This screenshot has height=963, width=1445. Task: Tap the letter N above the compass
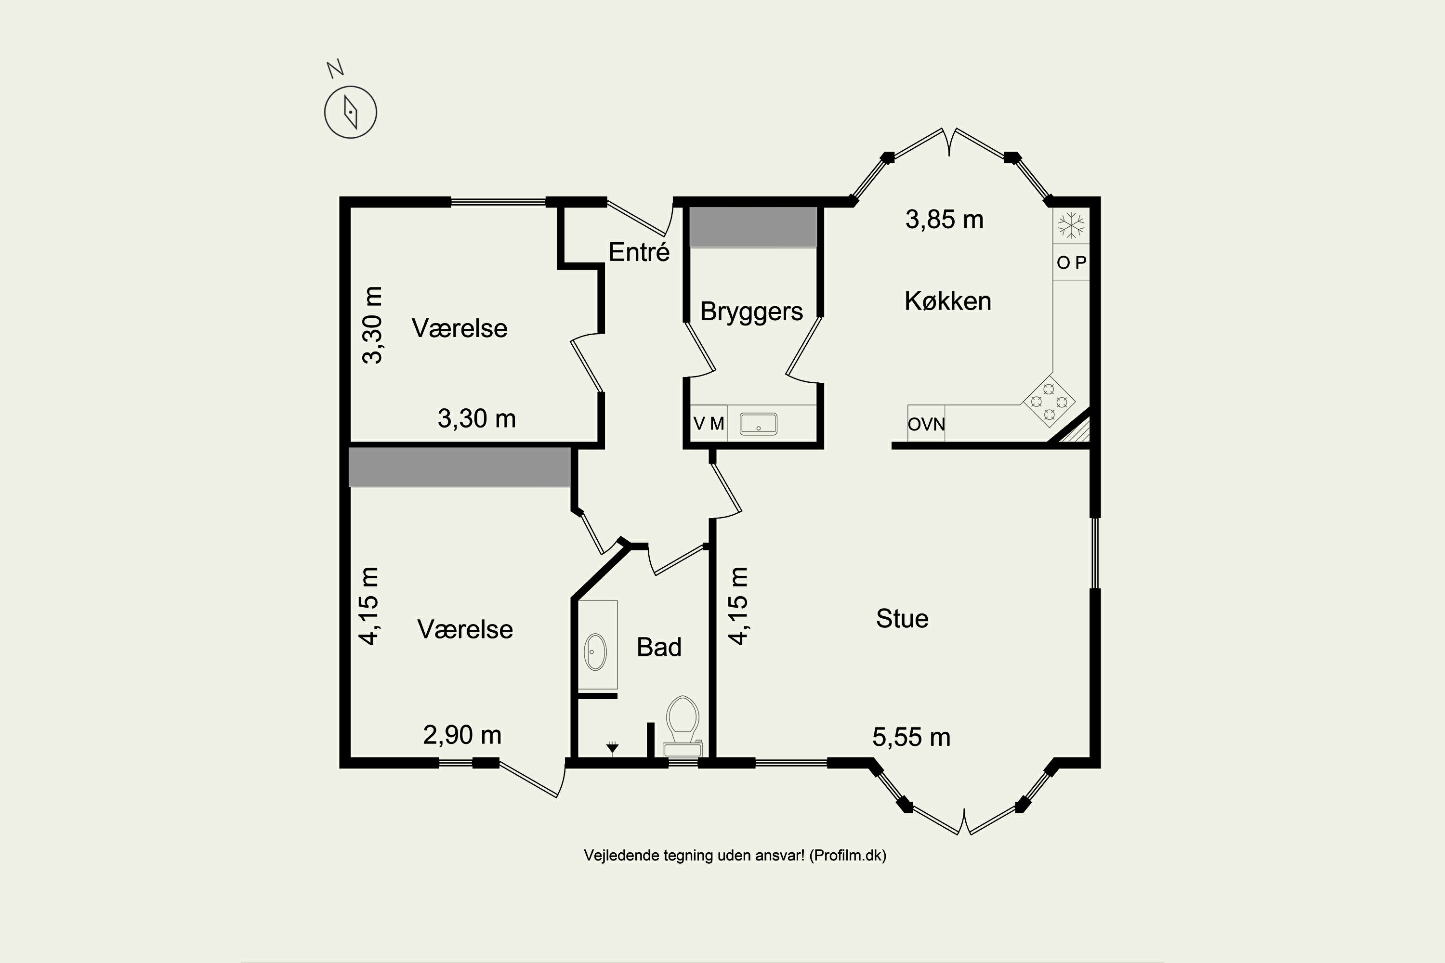pos(335,69)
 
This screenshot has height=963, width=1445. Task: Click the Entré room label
pos(639,252)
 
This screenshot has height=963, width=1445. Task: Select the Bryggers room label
pos(751,312)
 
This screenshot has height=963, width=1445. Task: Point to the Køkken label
pos(948,301)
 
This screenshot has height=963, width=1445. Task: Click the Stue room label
pos(902,618)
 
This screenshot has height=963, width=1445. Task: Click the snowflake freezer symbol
pos(1071,225)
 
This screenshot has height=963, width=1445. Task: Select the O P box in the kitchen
pos(1071,263)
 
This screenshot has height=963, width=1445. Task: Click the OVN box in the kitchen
pos(926,423)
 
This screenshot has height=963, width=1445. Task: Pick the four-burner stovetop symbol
pos(1049,402)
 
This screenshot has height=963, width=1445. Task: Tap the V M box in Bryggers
pos(709,423)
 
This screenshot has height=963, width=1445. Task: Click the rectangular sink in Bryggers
pos(758,424)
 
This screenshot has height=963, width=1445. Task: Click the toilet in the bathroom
pos(683,727)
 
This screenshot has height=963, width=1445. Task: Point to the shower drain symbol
pos(612,747)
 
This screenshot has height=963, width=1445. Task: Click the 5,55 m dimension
pos(911,737)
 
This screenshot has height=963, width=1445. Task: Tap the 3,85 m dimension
pos(944,219)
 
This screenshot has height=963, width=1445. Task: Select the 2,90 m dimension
pos(462,735)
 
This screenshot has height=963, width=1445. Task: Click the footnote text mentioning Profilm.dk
pos(735,856)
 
